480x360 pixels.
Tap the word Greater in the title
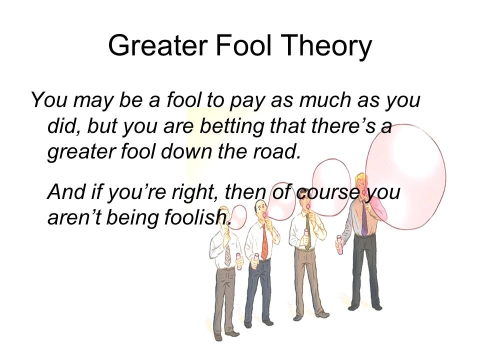158,45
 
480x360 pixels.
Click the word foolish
197,217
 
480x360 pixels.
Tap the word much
325,100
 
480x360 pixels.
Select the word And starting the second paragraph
66,191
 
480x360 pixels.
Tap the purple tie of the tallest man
364,219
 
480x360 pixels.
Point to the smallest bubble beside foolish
238,217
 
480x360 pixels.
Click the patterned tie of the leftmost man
227,255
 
